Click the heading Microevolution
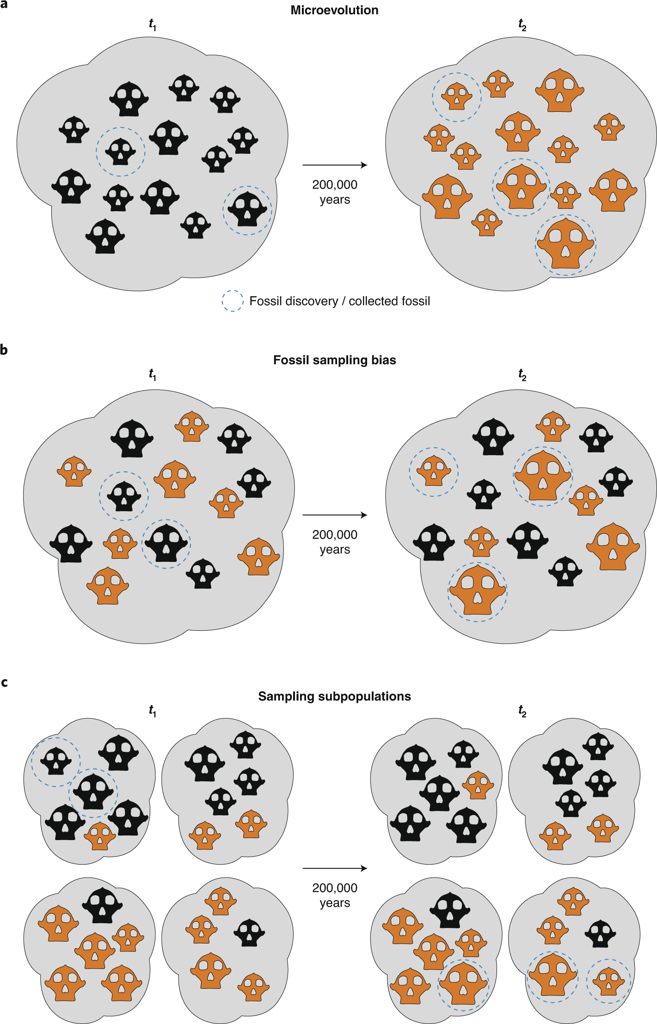pyautogui.click(x=334, y=10)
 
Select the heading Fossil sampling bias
pyautogui.click(x=334, y=360)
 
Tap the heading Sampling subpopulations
pyautogui.click(x=334, y=696)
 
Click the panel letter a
pyautogui.click(x=4, y=4)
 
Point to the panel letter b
pyautogui.click(x=4, y=349)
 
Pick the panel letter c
pyautogui.click(x=4, y=682)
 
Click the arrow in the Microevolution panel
pyautogui.click(x=334, y=165)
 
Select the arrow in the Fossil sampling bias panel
pyautogui.click(x=334, y=515)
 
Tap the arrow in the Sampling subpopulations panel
pyautogui.click(x=334, y=868)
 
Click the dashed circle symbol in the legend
pyautogui.click(x=233, y=301)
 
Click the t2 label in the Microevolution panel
pyautogui.click(x=522, y=24)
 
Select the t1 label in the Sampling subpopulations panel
pyautogui.click(x=153, y=711)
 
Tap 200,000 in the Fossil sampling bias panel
pyautogui.click(x=334, y=535)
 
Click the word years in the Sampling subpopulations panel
pyautogui.click(x=334, y=902)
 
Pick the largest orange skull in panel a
pyautogui.click(x=565, y=244)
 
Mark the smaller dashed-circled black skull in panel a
pyautogui.click(x=121, y=152)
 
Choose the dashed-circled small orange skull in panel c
pyautogui.click(x=608, y=981)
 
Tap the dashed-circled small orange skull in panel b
pyautogui.click(x=433, y=471)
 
